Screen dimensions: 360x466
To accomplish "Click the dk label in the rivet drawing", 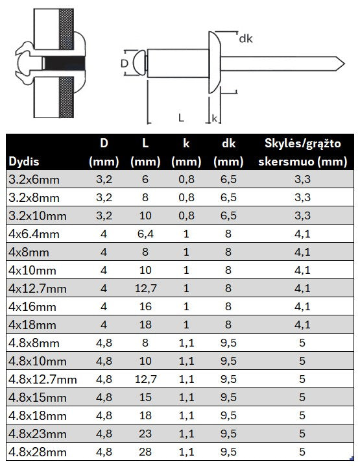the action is pos(246,38).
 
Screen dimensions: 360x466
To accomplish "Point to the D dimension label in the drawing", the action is pos(125,64).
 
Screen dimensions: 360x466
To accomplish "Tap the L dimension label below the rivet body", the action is pos(181,117).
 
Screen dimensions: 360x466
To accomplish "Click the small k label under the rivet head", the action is pos(215,118).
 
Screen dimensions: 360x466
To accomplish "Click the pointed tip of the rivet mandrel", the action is pos(344,64).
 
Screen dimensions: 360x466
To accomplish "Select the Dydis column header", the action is pos(24,162).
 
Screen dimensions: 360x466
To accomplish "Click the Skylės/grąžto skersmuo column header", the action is pos(302,153).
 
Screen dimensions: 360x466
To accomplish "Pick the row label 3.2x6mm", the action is pos(34,180).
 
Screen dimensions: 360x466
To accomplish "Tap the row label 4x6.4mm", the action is pos(34,234).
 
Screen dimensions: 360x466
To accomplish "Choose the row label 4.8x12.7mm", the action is pos(43,380).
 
